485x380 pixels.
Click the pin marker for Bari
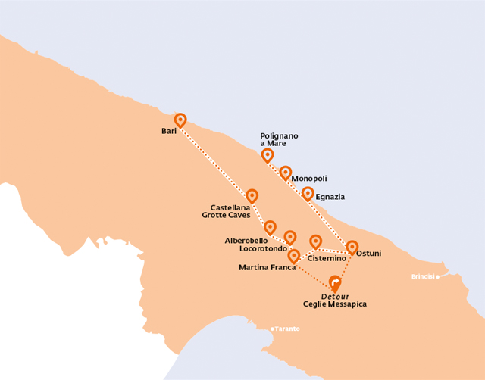click(180, 120)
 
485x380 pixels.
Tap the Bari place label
click(169, 132)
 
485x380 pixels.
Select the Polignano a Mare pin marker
click(268, 155)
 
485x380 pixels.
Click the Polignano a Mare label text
click(279, 139)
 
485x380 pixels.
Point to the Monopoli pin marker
click(286, 173)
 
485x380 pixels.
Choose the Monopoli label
click(309, 179)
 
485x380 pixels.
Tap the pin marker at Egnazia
click(308, 194)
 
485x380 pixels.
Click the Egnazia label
click(330, 197)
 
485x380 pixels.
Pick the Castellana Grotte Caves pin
click(252, 196)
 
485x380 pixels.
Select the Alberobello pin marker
click(270, 227)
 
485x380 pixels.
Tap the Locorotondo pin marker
click(289, 238)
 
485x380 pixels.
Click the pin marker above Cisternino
click(316, 242)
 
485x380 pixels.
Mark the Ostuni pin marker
click(352, 247)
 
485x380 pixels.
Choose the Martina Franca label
click(267, 267)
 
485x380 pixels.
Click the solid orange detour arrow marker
click(335, 282)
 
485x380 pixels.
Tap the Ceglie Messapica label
click(334, 304)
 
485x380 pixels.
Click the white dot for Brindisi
click(437, 276)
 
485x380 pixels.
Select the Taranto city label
click(288, 329)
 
